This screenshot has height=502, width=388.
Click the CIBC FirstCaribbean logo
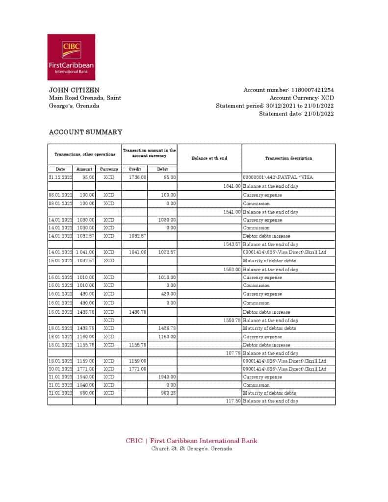(x=71, y=57)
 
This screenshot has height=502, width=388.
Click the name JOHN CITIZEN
(x=74, y=90)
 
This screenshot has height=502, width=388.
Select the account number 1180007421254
(x=312, y=90)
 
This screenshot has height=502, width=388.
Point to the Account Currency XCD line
(x=301, y=98)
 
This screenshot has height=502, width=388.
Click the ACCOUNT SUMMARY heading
(x=85, y=132)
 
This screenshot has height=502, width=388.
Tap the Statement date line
(x=296, y=113)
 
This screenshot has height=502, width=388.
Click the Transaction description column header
(x=288, y=158)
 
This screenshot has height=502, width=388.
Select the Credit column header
(x=135, y=169)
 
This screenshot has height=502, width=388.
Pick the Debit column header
(x=162, y=169)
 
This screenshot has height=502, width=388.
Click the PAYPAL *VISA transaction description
(x=278, y=177)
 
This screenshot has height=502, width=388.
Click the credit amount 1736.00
(x=137, y=177)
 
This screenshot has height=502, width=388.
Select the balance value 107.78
(x=233, y=353)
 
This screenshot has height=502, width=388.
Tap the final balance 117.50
(x=233, y=401)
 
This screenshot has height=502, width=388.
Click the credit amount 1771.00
(x=137, y=369)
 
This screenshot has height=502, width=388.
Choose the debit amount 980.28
(x=168, y=393)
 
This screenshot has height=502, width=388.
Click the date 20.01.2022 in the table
(x=60, y=369)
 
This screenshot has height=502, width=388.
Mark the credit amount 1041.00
(x=137, y=252)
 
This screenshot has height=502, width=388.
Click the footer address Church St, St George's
(x=191, y=449)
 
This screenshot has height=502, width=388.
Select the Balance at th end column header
(x=209, y=158)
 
